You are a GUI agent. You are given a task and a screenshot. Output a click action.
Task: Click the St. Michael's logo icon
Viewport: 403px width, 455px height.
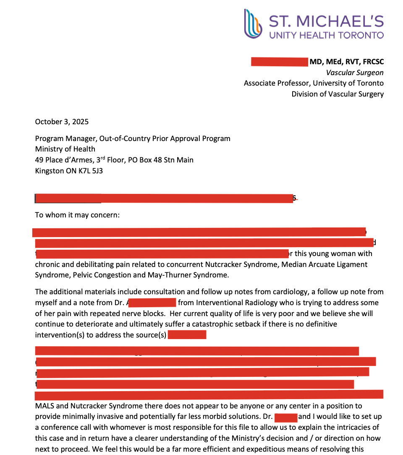click(252, 24)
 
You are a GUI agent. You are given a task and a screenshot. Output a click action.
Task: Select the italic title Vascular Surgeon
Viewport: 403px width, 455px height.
click(355, 73)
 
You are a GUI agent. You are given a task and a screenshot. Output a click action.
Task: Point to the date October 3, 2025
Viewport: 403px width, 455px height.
click(62, 122)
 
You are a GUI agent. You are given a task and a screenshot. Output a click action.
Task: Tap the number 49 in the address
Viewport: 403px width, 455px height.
click(40, 160)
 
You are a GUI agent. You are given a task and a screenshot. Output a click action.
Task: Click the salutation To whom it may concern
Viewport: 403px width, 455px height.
click(77, 215)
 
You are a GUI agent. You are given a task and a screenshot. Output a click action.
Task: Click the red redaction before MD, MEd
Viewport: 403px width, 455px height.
click(279, 62)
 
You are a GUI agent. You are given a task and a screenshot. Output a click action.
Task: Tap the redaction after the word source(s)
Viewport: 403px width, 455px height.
click(187, 335)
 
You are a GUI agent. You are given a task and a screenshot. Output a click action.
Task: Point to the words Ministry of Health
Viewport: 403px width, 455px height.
click(65, 149)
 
